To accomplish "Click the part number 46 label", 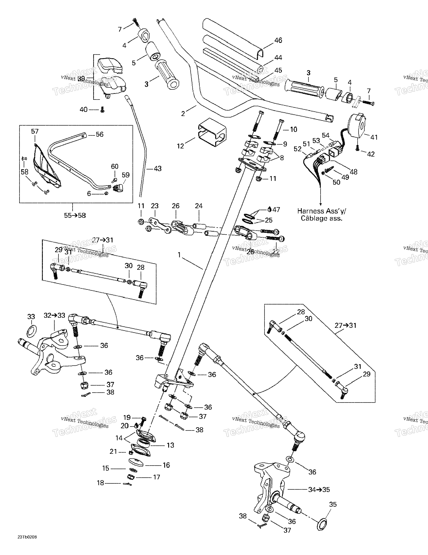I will click(278, 40).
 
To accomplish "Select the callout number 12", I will click(180, 146).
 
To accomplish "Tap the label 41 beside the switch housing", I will click(374, 138).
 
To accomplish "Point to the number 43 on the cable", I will click(157, 169).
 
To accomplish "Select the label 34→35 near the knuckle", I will click(319, 489).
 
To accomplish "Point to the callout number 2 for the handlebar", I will click(183, 114).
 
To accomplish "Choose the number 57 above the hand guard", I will click(35, 132).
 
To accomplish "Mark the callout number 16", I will click(166, 465).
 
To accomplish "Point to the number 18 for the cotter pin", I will click(101, 483).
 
